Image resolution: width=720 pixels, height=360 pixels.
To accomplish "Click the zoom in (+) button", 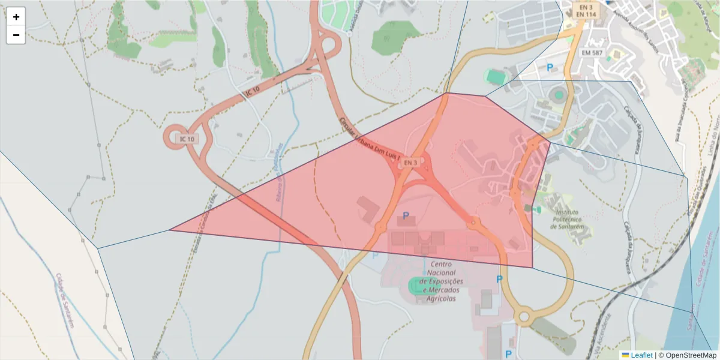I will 16,17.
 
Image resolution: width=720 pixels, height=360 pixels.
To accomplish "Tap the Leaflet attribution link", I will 641,355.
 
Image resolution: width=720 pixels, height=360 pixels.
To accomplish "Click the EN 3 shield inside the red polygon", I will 410,163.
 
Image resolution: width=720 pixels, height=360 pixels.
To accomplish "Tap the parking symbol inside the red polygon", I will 406,216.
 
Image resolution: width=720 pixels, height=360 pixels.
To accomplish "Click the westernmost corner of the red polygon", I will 170,229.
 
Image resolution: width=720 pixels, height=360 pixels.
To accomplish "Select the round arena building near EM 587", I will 559,94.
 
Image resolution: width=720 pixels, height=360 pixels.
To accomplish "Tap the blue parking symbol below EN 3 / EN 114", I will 549,68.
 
